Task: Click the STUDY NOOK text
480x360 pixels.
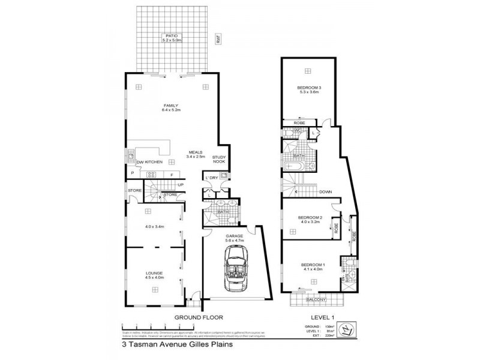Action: [219, 160]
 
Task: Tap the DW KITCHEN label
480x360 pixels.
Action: [149, 163]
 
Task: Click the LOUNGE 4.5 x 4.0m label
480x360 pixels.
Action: [155, 275]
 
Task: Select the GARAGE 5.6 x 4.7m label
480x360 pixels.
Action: [234, 239]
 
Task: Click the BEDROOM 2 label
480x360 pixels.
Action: [312, 218]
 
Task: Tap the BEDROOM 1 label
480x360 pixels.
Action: [312, 267]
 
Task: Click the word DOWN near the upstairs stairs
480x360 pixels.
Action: [326, 193]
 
